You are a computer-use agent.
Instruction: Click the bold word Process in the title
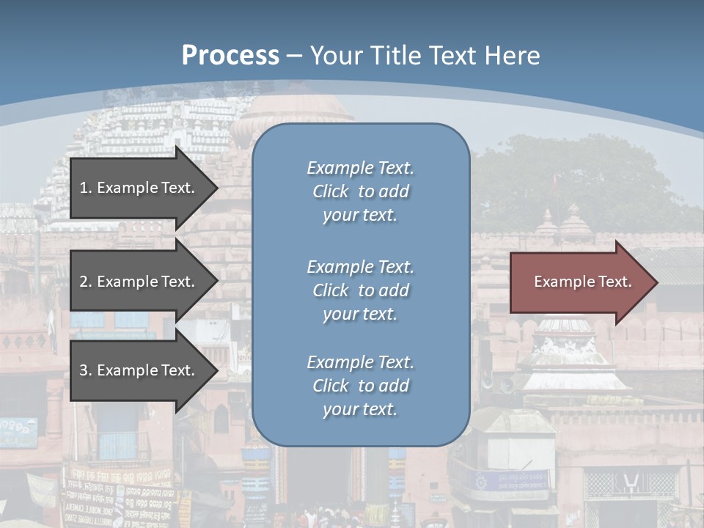tap(230, 55)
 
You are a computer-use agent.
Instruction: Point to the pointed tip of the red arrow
tap(656, 282)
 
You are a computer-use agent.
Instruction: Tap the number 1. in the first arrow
tap(86, 188)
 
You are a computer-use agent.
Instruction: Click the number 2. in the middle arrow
tap(86, 282)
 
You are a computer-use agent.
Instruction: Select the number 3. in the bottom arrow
tap(86, 370)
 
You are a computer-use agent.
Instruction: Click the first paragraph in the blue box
tap(360, 191)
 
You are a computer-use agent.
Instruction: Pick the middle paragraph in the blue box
tap(360, 290)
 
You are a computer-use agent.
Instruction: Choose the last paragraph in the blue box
tap(360, 386)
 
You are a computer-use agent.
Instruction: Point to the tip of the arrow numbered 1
tap(217, 188)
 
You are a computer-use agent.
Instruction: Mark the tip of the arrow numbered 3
tap(217, 370)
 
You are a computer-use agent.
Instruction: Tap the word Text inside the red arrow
tap(615, 282)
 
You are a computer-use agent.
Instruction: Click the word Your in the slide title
tap(334, 55)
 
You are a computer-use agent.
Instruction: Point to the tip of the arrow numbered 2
tap(217, 282)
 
